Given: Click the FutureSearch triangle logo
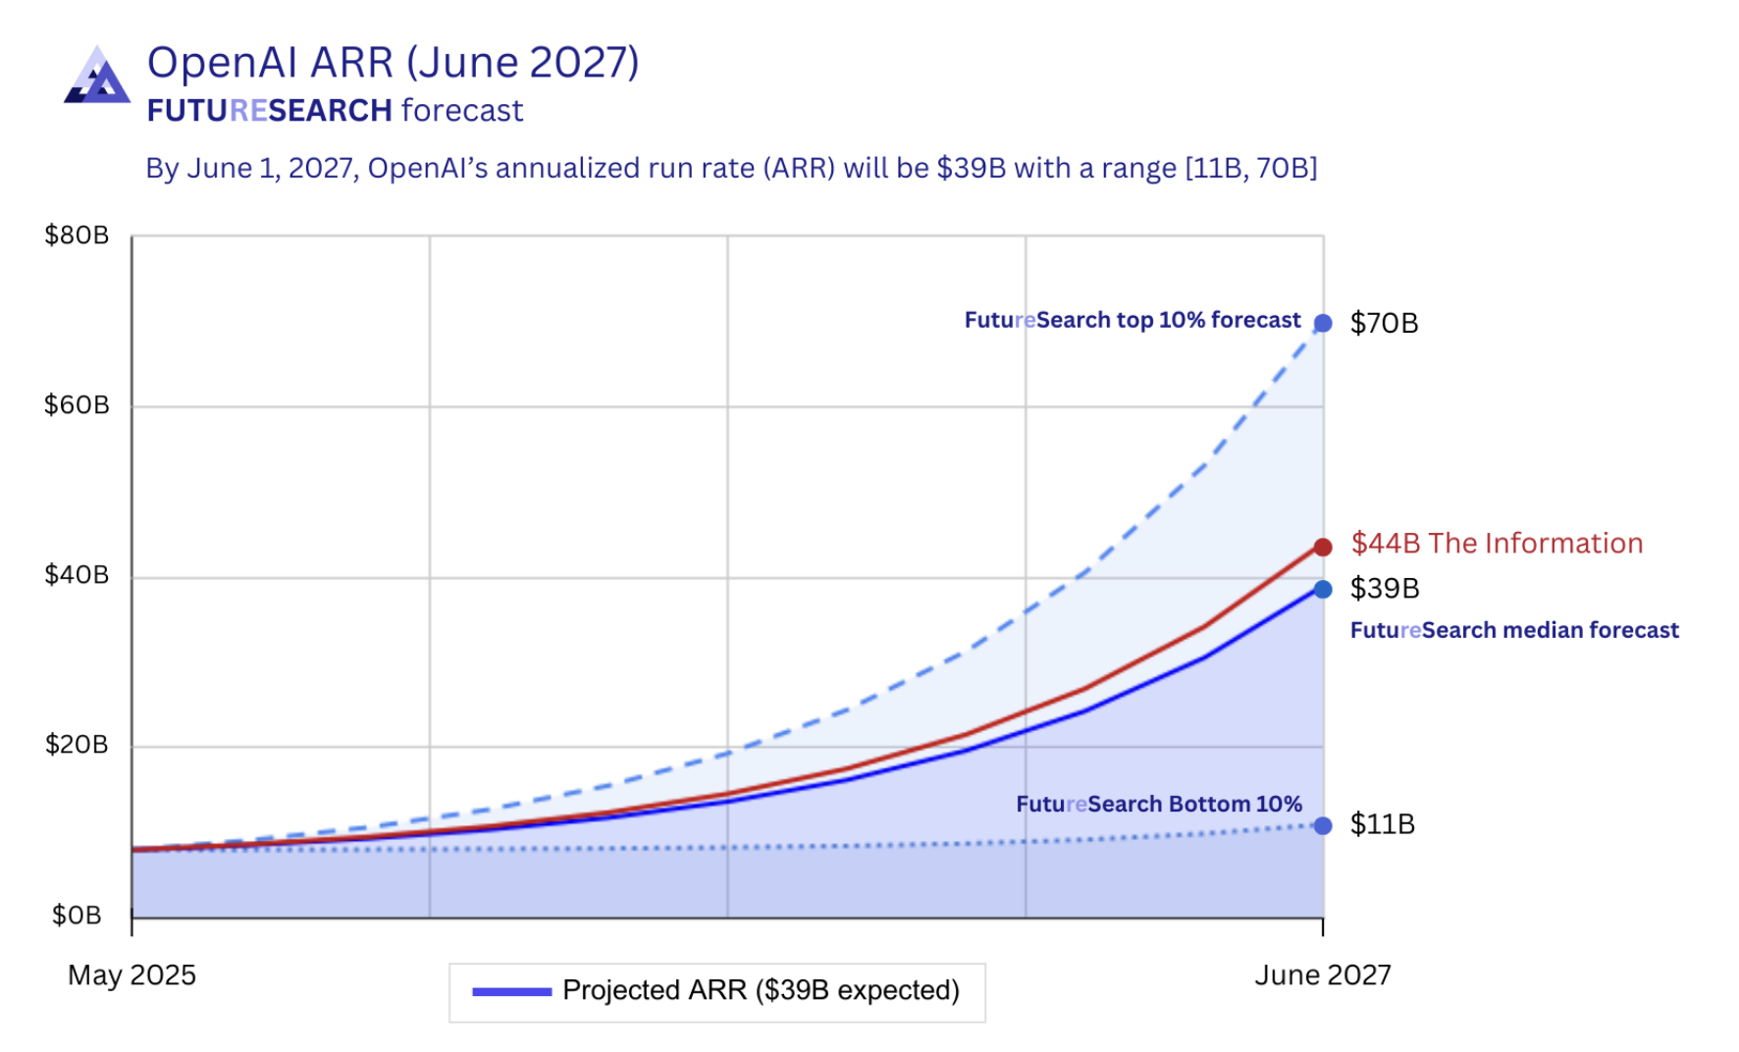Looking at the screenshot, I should pyautogui.click(x=97, y=77).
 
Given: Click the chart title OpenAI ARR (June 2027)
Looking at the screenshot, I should pyautogui.click(x=393, y=63).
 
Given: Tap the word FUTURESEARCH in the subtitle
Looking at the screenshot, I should pyautogui.click(x=270, y=111).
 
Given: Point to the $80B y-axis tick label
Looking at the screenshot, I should pyautogui.click(x=77, y=236).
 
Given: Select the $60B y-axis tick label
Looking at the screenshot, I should pyautogui.click(x=77, y=405).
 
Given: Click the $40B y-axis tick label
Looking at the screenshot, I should pyautogui.click(x=77, y=575).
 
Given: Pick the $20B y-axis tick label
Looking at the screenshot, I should pyautogui.click(x=77, y=745).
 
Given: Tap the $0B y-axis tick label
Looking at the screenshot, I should pyautogui.click(x=77, y=916).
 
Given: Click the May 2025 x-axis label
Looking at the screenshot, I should pyautogui.click(x=132, y=975).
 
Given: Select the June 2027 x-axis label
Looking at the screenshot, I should pyautogui.click(x=1323, y=975).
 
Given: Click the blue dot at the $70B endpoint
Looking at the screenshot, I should pyautogui.click(x=1323, y=323).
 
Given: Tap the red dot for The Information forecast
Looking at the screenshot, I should pyautogui.click(x=1323, y=547).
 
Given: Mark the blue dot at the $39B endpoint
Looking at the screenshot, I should pyautogui.click(x=1323, y=589).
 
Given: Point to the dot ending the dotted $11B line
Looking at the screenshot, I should pyautogui.click(x=1323, y=825).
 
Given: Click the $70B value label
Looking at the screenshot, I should pyautogui.click(x=1384, y=324).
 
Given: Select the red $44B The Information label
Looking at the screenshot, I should pyautogui.click(x=1496, y=544).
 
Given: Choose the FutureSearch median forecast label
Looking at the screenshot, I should pyautogui.click(x=1513, y=630).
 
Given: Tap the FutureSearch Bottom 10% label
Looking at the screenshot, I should pyautogui.click(x=1158, y=805).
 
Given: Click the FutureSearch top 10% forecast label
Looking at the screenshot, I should pyautogui.click(x=1132, y=321).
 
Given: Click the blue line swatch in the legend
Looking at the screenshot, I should pyautogui.click(x=511, y=991).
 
